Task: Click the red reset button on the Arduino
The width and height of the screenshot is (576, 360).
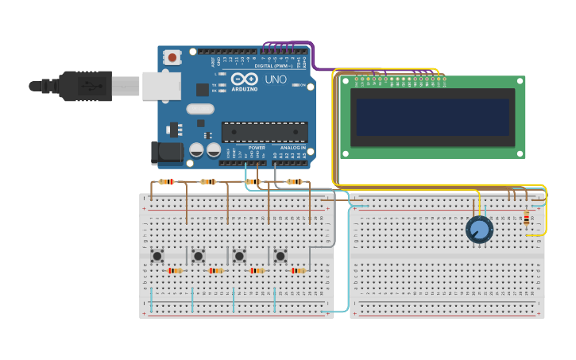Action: click(x=172, y=57)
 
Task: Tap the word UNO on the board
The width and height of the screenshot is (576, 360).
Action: click(x=275, y=79)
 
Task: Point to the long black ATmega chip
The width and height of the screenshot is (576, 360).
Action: click(x=265, y=132)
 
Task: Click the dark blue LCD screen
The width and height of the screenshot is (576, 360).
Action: click(x=433, y=117)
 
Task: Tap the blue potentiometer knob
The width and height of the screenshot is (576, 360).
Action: click(x=479, y=230)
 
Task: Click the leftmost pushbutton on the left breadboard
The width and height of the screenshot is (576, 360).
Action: click(x=157, y=255)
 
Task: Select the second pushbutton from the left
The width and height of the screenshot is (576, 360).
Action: click(x=199, y=255)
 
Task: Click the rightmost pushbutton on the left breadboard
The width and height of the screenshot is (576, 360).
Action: click(x=280, y=255)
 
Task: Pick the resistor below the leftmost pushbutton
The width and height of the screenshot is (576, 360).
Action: click(x=175, y=271)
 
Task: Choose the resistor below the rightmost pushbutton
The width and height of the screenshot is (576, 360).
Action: click(x=298, y=271)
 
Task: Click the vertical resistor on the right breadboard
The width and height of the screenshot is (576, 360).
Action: click(x=526, y=218)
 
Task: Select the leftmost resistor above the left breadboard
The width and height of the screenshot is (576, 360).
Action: click(x=166, y=182)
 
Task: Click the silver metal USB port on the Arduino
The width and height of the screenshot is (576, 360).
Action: click(x=161, y=86)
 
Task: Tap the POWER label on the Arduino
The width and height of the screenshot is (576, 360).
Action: click(x=257, y=148)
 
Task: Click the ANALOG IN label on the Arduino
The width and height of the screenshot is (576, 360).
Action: click(x=291, y=148)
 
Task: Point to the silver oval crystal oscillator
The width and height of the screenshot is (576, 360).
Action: click(x=201, y=109)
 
